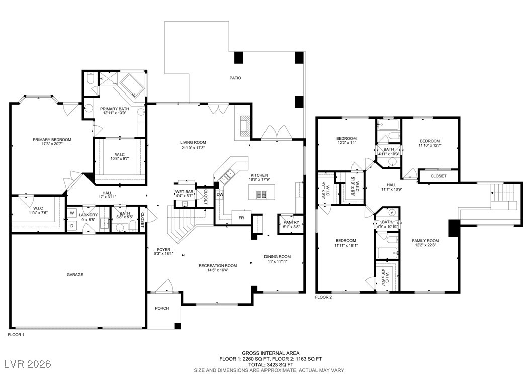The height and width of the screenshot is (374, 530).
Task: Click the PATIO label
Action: pos(235,78)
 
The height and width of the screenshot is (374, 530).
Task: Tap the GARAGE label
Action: pos(75,275)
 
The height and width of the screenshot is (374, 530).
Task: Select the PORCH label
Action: pos(162,308)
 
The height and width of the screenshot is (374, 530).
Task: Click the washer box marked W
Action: pos(72,213)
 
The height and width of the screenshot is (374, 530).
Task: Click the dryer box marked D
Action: pos(72,226)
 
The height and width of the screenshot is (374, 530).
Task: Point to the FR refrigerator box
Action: pos(241,218)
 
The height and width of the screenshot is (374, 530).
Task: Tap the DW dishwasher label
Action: pos(220,195)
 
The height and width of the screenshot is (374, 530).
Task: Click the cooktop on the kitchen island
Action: pos(261,194)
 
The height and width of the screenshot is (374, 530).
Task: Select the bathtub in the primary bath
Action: pos(132,85)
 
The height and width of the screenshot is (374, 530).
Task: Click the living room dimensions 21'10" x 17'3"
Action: pos(193,148)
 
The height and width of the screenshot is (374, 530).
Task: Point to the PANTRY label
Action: pos(291,222)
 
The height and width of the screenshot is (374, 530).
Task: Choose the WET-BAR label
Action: pos(184,192)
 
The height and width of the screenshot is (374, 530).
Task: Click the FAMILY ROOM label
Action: pos(425,241)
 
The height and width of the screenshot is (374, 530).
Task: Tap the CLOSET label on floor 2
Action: pos(438,176)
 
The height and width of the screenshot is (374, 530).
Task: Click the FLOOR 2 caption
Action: pos(323,297)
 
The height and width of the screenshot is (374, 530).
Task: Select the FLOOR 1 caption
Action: pos(16,335)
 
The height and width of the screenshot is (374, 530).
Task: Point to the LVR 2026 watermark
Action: pos(28,364)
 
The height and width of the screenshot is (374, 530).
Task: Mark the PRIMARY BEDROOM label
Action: pos(52,140)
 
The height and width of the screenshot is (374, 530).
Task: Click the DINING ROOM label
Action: pos(277,257)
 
